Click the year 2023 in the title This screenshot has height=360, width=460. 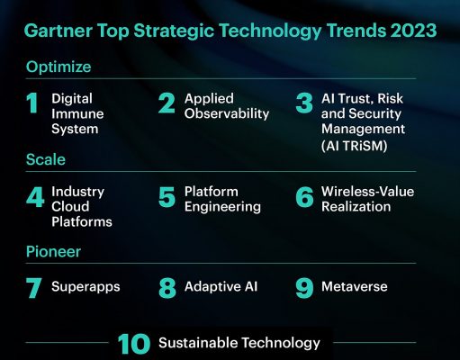click(413, 31)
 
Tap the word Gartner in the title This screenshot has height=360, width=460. click(59, 31)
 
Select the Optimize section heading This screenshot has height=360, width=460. click(59, 67)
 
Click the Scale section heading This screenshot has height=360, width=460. click(46, 159)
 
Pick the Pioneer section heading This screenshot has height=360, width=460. click(53, 251)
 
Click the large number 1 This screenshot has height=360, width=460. click(32, 103)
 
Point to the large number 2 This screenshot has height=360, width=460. click(167, 103)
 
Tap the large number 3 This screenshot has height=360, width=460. click(304, 103)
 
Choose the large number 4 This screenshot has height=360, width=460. click(35, 197)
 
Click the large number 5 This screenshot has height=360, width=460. click(167, 197)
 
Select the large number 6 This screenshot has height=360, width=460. click(304, 197)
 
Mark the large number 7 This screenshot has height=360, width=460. click(33, 288)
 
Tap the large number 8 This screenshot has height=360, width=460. click(167, 288)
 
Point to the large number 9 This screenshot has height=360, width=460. click(304, 288)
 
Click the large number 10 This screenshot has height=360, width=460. click(134, 344)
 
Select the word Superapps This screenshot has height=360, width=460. click(86, 287)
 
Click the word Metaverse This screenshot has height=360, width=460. click(355, 286)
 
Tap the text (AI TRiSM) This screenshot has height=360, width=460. click(355, 146)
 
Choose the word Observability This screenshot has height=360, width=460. click(227, 114)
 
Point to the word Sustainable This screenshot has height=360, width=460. click(198, 343)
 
